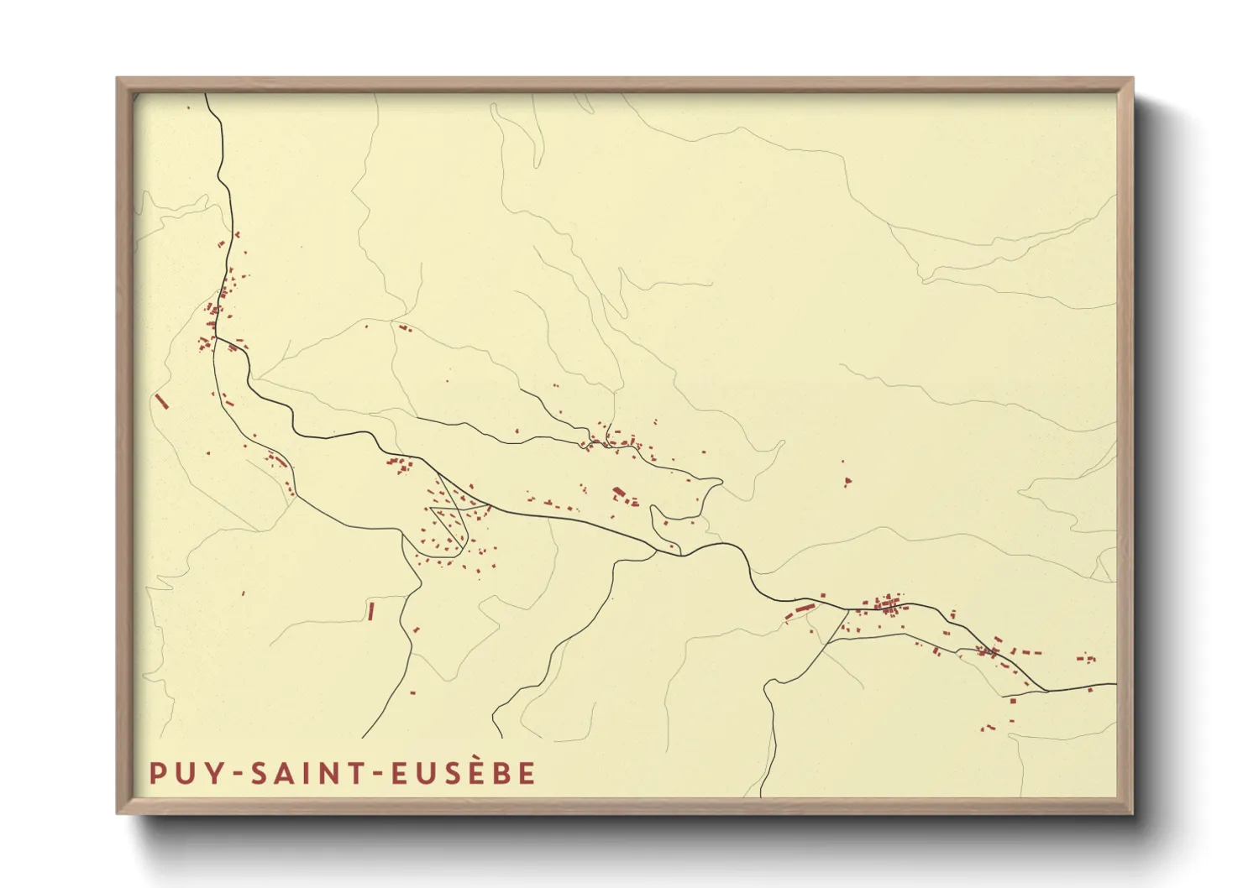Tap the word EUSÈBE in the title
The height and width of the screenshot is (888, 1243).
click(x=464, y=773)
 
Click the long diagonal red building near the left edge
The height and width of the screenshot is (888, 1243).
click(x=161, y=401)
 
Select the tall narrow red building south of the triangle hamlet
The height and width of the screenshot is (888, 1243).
click(x=370, y=611)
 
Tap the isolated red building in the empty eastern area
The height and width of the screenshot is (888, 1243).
click(x=847, y=481)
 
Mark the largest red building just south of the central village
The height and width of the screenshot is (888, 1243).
click(x=619, y=492)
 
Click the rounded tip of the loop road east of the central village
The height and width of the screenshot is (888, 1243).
click(x=718, y=482)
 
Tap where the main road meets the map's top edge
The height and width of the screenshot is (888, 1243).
click(x=207, y=95)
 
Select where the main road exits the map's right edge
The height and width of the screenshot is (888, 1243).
click(x=1115, y=684)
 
